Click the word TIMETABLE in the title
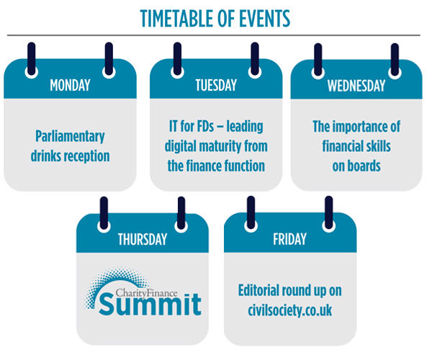pos(176,19)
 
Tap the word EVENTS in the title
pos(264,19)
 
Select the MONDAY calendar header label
pos(70,85)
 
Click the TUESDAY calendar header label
pos(216,85)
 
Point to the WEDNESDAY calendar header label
pos(356,86)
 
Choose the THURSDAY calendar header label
pos(143,239)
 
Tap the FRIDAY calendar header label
pos(290,239)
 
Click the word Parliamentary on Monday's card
pos(70,137)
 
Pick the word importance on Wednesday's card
pos(364,127)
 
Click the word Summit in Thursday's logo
pos(150,305)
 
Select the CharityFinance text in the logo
pos(146,293)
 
